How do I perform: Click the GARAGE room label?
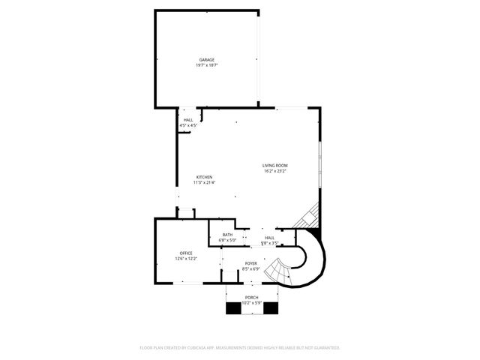[207, 60]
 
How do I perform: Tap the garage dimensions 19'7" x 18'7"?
[207, 65]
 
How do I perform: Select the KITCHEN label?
[205, 177]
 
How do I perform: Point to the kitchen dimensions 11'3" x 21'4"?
[205, 182]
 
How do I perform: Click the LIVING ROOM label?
[275, 166]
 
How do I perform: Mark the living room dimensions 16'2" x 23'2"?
[275, 171]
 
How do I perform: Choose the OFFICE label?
[186, 253]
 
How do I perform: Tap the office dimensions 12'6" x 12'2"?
[186, 259]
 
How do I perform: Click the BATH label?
[227, 235]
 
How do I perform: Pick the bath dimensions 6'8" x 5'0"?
[227, 240]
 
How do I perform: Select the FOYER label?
[251, 264]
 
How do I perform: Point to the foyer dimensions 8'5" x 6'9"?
[251, 269]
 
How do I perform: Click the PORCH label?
[251, 297]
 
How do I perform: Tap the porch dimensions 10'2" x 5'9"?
[251, 302]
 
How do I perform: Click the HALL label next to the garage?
[188, 120]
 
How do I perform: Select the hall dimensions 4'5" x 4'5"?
[188, 125]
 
